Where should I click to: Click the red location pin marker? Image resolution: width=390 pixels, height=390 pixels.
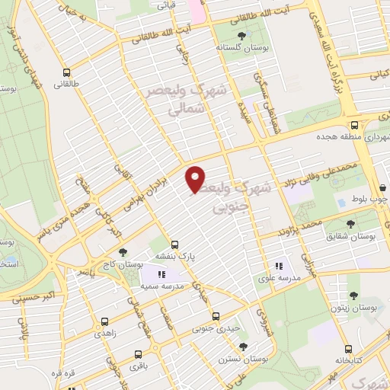(196, 178)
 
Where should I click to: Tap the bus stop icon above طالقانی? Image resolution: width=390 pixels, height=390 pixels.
(68, 74)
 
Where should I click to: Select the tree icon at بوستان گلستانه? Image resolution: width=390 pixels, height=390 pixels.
(242, 35)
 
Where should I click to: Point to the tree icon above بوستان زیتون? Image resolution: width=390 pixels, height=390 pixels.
(353, 295)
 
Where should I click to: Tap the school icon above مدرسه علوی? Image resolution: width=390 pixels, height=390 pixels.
(278, 266)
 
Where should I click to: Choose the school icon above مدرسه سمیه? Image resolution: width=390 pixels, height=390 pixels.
(161, 273)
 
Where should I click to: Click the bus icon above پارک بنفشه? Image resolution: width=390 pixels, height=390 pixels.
(175, 245)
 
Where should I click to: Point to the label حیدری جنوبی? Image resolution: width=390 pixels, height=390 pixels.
(217, 328)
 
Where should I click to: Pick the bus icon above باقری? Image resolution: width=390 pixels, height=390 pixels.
(138, 354)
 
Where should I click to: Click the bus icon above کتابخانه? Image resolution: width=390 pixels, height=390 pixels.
(349, 347)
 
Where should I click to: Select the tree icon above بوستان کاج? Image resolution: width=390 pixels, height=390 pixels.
(123, 252)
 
